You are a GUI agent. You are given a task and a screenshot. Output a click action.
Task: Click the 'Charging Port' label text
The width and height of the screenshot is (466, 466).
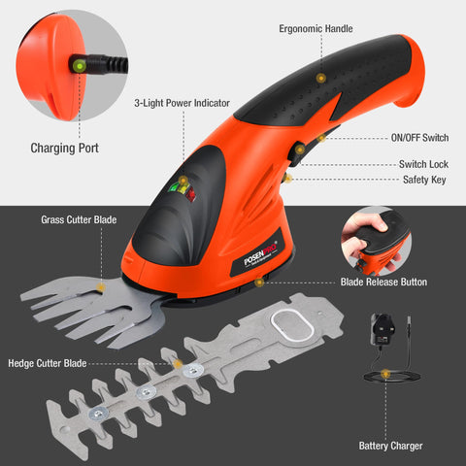click(64, 148)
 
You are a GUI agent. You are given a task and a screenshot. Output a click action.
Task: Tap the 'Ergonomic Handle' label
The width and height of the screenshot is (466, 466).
click(316, 28)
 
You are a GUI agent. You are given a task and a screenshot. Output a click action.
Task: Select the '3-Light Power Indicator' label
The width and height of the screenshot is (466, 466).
click(182, 103)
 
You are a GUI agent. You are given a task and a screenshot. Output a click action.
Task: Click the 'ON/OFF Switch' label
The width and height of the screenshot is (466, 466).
click(419, 138)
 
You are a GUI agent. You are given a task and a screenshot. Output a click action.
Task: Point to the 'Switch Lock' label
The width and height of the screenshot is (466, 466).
click(423, 164)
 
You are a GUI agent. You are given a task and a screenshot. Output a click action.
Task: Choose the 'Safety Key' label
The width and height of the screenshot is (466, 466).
click(424, 180)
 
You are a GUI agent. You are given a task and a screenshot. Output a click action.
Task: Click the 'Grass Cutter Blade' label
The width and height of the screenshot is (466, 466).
click(79, 219)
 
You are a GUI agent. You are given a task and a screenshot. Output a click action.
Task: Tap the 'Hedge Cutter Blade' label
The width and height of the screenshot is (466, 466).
click(48, 363)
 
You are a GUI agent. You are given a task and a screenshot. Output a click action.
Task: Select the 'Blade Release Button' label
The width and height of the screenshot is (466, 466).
click(383, 282)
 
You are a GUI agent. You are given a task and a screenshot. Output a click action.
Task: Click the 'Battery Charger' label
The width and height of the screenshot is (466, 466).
click(390, 446)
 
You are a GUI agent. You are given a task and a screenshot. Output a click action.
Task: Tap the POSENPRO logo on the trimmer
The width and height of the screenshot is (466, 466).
click(260, 253)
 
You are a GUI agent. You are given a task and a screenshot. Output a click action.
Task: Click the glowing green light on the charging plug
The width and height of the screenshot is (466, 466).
click(79, 66)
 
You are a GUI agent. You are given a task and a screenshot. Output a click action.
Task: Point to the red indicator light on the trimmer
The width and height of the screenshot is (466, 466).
click(191, 194)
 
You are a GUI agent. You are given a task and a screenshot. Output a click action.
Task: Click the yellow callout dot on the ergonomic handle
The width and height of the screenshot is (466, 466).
click(320, 78)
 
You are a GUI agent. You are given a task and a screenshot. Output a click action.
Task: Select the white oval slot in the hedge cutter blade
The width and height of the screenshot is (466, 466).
click(292, 325)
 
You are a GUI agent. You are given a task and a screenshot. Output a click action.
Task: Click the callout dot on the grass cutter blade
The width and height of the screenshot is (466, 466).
click(101, 287)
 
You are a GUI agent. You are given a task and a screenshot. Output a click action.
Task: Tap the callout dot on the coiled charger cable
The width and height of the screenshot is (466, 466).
click(385, 375)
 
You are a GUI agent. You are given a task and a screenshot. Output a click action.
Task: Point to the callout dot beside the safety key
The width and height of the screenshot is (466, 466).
click(287, 179)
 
